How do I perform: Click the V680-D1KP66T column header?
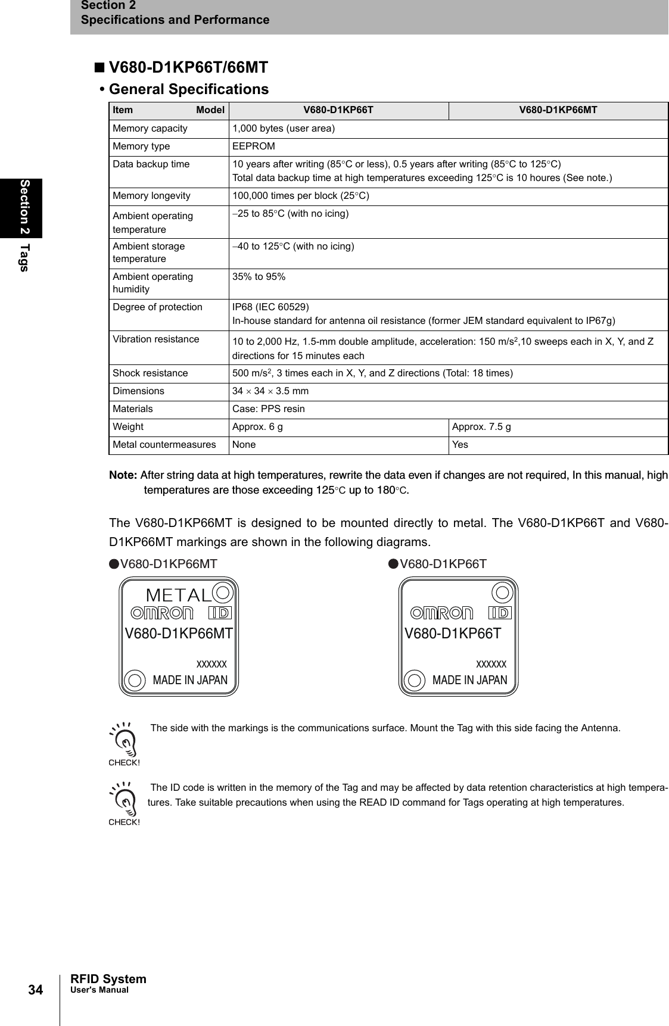338,110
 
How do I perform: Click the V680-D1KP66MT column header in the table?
558,110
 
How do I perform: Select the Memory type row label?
141,146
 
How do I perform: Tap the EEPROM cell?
254,146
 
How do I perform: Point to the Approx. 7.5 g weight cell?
481,427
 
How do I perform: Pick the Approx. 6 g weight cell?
257,427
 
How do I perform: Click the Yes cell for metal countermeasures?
460,445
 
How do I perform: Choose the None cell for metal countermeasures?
244,445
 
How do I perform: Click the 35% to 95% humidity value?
259,277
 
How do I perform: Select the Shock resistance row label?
150,373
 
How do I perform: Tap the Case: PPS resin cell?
268,409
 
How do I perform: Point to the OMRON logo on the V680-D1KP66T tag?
442,613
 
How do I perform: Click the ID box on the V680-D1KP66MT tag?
220,613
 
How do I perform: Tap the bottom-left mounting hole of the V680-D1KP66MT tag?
135,680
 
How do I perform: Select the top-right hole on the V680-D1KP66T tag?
503,592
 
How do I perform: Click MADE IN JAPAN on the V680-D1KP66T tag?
469,680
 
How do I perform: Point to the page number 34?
36,990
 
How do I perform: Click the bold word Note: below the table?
123,475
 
